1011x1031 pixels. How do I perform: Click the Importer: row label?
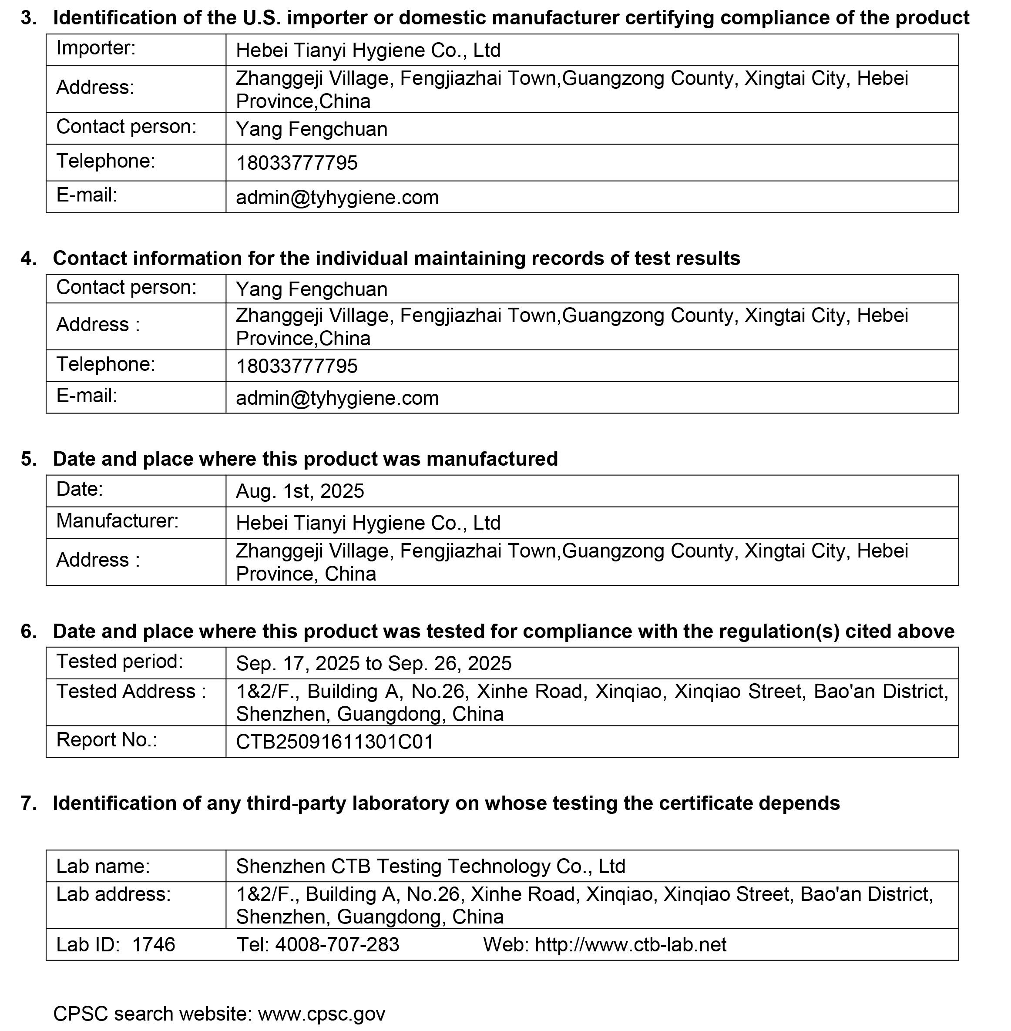(96, 48)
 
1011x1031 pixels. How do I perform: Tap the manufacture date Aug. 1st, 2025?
(300, 491)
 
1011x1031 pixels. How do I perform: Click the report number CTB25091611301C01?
(335, 742)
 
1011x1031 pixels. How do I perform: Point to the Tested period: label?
(120, 662)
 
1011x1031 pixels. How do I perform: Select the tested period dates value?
(373, 664)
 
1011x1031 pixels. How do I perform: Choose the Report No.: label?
(107, 739)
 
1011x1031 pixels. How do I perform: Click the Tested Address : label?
(131, 691)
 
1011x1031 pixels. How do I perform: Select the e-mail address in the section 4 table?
(337, 398)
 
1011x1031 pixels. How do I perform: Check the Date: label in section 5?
(80, 489)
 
